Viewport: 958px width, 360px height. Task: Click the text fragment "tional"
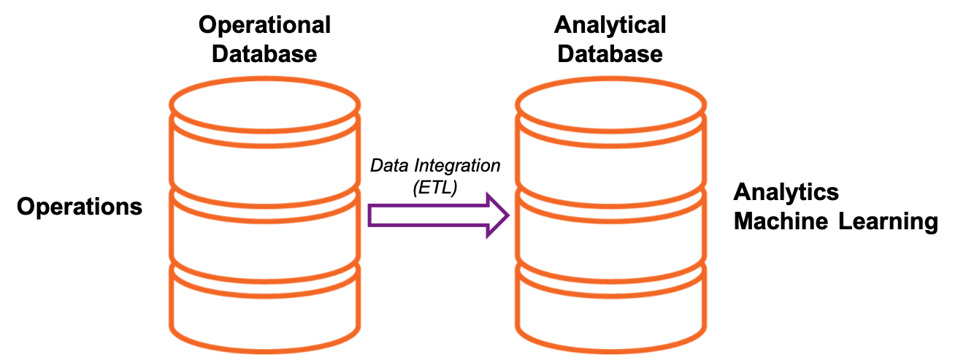(x=300, y=26)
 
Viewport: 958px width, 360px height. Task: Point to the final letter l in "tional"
(x=328, y=26)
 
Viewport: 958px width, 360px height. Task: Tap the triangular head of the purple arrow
(x=497, y=215)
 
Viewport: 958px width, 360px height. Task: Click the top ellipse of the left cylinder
(x=264, y=104)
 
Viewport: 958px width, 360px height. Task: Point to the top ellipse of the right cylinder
(x=610, y=104)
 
